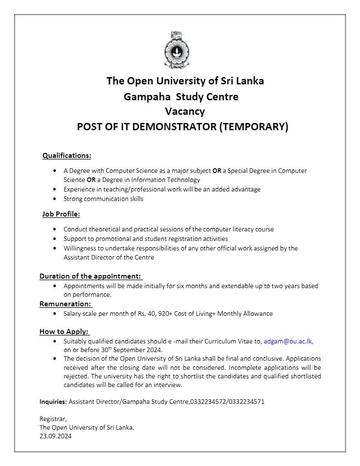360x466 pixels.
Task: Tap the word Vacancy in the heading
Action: click(185, 112)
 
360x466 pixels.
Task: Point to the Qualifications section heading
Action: click(67, 156)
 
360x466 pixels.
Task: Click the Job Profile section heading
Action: click(61, 214)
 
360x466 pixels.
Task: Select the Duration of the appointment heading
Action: click(90, 276)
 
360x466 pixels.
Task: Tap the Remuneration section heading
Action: click(66, 304)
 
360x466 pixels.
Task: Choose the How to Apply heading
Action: click(64, 331)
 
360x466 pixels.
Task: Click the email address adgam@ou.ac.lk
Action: click(288, 341)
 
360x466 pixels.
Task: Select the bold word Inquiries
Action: click(53, 402)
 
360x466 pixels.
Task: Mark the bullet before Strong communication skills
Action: click(54, 199)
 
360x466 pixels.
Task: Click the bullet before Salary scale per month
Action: click(54, 314)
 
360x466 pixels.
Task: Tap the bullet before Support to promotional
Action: click(54, 239)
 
